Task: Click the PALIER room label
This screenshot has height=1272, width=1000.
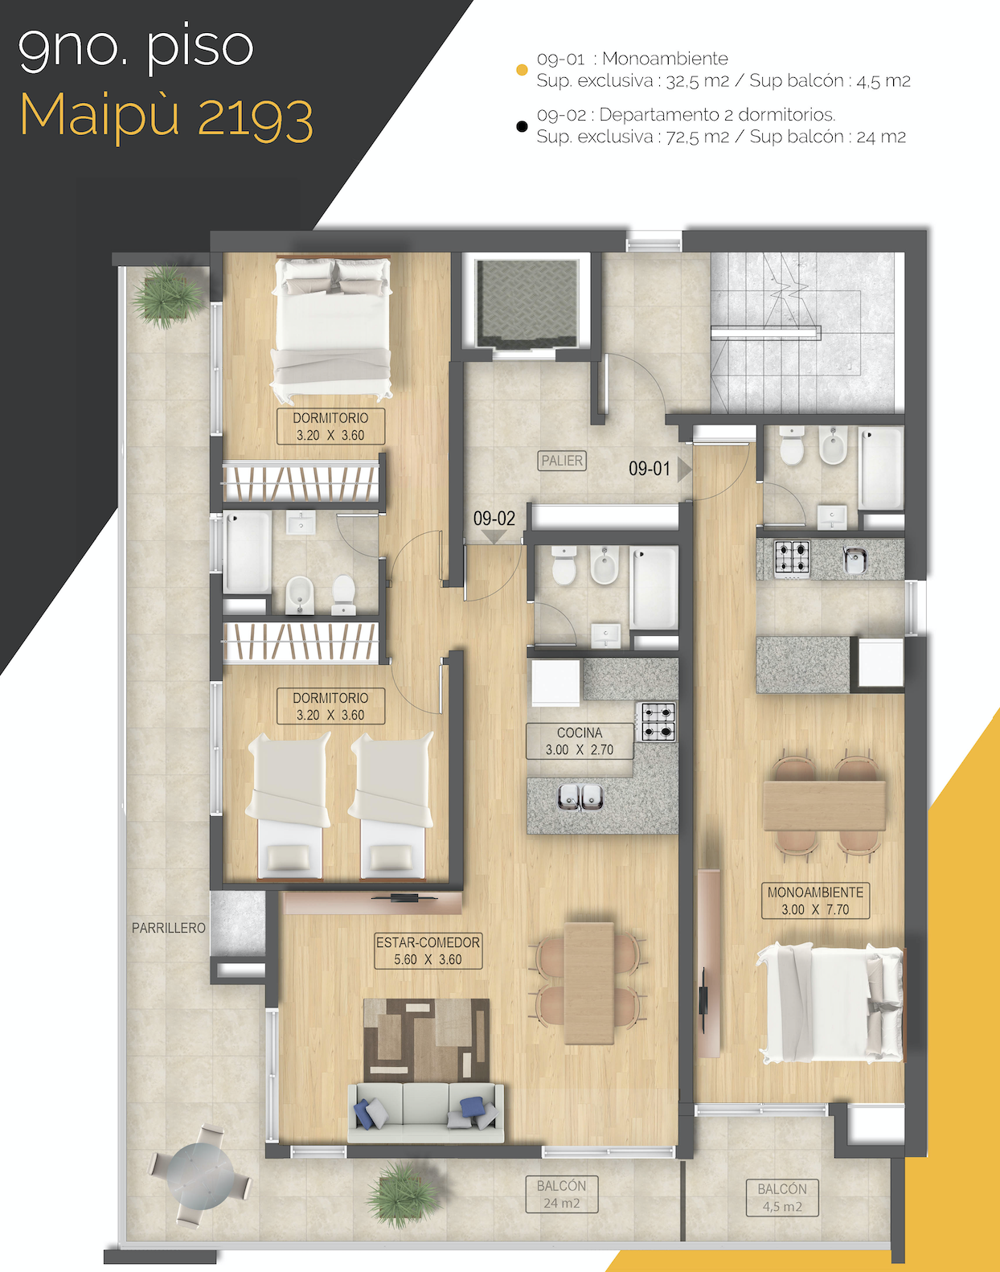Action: point(561,461)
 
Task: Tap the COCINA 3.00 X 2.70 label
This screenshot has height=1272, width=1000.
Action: point(580,741)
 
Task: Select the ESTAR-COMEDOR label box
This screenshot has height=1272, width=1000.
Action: point(428,950)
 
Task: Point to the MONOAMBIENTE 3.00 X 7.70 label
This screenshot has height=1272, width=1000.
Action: point(815,901)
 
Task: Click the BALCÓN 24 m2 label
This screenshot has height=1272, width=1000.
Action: point(561,1194)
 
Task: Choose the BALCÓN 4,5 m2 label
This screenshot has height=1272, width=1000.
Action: point(782,1197)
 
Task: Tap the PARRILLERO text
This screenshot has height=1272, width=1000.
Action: point(169,928)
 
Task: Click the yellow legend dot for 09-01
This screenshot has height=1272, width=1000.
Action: point(522,70)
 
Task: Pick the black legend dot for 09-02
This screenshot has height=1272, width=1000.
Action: point(522,126)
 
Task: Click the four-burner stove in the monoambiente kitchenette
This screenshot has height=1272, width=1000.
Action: point(792,557)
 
